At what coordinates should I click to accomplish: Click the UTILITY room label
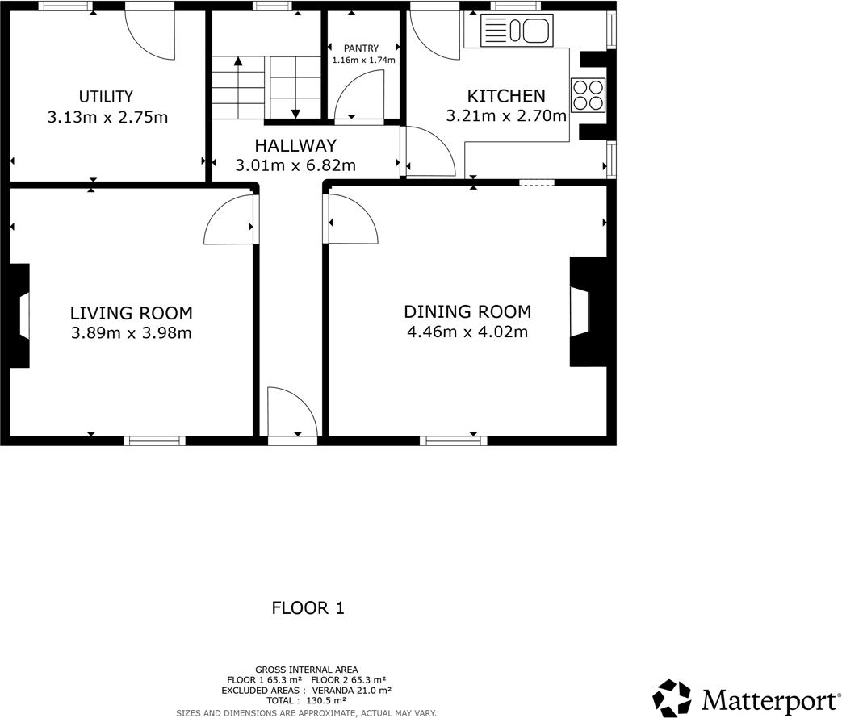106,97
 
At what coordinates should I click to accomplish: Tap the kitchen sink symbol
516,31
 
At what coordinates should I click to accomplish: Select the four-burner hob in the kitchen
588,94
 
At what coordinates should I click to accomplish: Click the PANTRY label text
360,48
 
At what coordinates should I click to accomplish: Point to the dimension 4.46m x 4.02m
467,332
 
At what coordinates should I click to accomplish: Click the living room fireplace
23,315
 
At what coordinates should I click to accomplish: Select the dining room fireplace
580,311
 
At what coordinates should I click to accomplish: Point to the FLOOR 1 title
308,608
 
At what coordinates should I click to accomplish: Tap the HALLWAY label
295,146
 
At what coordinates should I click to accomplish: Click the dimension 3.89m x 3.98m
131,332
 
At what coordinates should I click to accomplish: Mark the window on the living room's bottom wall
154,440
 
